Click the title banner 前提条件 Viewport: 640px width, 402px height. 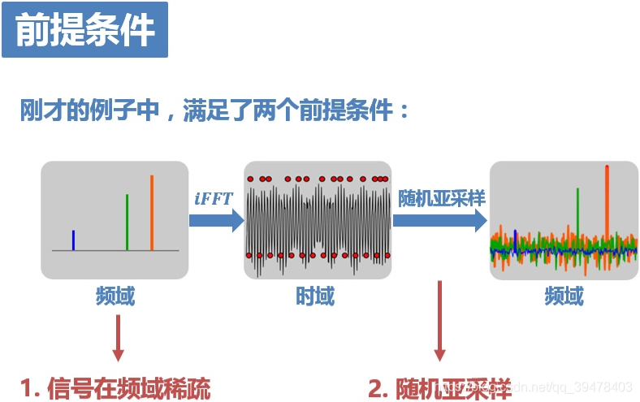point(84,30)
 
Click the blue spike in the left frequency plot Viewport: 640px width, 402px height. point(73,240)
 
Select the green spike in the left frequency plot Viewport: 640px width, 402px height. point(127,222)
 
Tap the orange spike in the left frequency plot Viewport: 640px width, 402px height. point(151,212)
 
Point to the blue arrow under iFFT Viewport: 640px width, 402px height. point(216,220)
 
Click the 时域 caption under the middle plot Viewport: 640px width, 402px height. point(315,297)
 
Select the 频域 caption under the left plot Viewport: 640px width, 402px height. point(115,297)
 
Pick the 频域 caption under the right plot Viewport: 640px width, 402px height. point(564,297)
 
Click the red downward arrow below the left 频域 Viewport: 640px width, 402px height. point(119,337)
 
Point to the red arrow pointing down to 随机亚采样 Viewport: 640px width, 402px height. point(440,321)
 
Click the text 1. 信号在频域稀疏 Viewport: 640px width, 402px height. point(115,388)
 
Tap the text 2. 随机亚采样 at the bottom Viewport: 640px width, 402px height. point(439,388)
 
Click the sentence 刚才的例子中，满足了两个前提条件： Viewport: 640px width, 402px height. point(215,110)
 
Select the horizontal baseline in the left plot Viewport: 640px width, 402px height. point(115,251)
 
